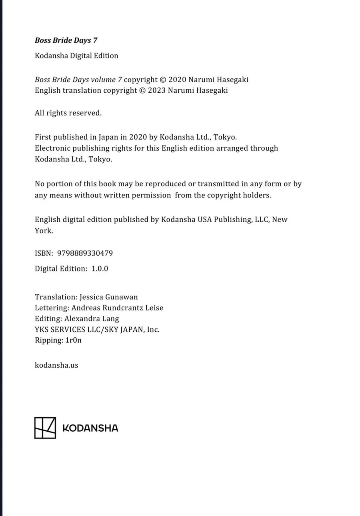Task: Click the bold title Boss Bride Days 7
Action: [x=66, y=40]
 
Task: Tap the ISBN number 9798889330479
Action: [x=85, y=253]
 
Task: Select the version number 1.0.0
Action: [x=100, y=269]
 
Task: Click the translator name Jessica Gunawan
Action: [x=109, y=297]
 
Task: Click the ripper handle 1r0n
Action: [x=73, y=341]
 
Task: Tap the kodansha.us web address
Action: [x=56, y=365]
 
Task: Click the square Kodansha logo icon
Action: [x=45, y=428]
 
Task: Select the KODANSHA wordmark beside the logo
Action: [x=90, y=428]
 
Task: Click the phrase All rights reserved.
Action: [x=68, y=113]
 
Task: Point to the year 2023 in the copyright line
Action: [x=157, y=90]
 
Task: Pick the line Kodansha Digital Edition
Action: [x=76, y=56]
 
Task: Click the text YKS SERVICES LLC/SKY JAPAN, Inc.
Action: [x=97, y=330]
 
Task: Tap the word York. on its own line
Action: [x=44, y=231]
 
